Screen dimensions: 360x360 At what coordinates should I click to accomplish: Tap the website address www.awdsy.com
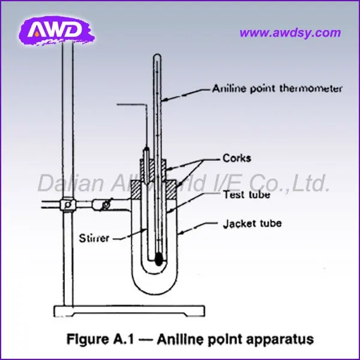point(289,33)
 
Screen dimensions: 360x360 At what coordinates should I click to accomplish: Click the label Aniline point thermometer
point(277,88)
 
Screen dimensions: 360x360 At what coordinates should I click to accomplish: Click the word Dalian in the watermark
point(65,183)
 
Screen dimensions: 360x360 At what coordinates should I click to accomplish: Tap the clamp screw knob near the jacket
point(107,205)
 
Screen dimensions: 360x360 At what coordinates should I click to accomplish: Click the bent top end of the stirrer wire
point(119,106)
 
